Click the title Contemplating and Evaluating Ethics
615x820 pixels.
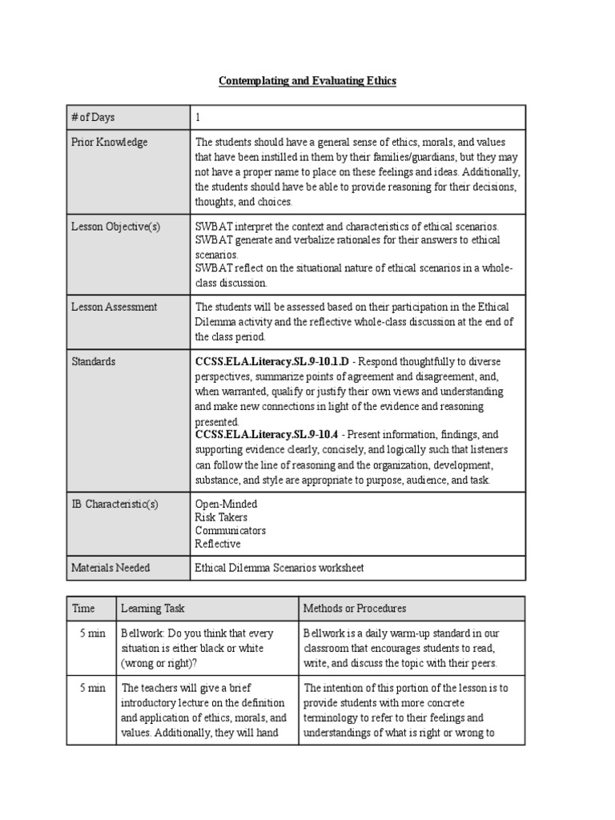coord(307,82)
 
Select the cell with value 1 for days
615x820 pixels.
coord(199,118)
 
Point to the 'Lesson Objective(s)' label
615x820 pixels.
coord(116,227)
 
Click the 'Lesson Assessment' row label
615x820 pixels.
coord(115,307)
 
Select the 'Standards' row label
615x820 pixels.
coord(94,362)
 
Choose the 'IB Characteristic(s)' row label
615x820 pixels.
coord(115,504)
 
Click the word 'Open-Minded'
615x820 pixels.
coord(227,504)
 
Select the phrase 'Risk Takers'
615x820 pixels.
coord(222,517)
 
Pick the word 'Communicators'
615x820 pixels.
coord(231,530)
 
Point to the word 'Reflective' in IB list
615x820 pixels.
coord(218,544)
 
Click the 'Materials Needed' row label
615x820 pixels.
coord(111,568)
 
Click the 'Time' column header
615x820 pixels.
coord(83,609)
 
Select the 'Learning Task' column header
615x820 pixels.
coord(153,609)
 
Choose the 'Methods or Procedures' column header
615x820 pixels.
coord(355,609)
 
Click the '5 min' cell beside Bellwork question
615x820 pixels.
coord(92,633)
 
